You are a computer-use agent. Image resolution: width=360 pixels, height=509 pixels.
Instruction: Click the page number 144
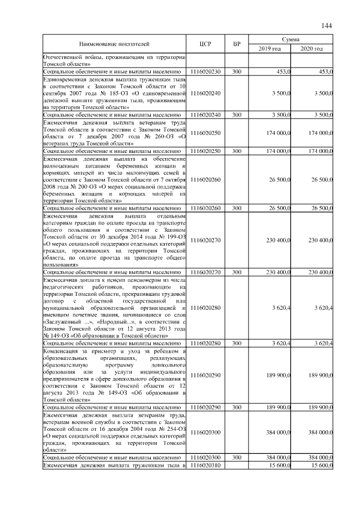327,26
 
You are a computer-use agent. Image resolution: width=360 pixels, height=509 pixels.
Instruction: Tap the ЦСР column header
205,44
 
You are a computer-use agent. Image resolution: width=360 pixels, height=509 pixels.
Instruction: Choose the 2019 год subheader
269,49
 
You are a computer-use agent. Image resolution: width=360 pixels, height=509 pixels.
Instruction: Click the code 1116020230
205,72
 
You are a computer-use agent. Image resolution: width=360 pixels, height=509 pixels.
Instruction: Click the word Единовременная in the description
65,79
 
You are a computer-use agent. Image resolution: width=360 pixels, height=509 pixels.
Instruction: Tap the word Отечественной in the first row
64,57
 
